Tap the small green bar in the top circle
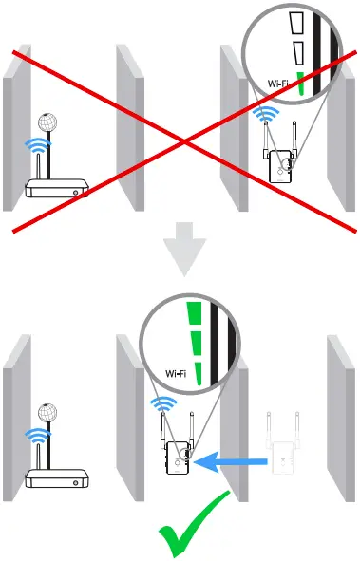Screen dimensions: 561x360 tap(301, 84)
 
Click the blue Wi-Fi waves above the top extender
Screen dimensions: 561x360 tap(269, 117)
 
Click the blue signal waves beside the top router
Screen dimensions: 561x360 tap(36, 147)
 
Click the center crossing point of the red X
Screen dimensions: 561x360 tap(182, 140)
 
